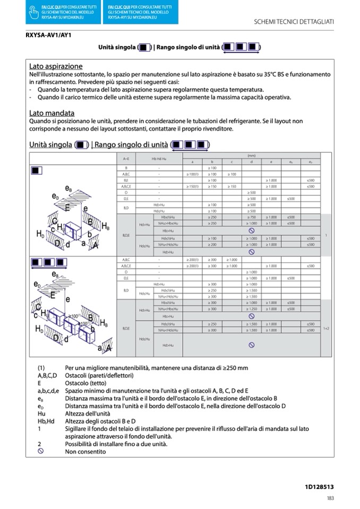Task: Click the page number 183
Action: (x=330, y=498)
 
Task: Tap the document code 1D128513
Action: (x=319, y=486)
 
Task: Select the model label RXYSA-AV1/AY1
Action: (x=49, y=36)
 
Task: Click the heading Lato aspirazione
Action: (x=56, y=66)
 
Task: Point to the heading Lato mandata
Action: (x=52, y=113)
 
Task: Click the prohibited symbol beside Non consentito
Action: (x=40, y=451)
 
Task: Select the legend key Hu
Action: (x=41, y=413)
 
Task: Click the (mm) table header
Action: (x=251, y=156)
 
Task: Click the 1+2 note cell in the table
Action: (x=326, y=329)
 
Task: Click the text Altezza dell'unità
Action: (x=88, y=413)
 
